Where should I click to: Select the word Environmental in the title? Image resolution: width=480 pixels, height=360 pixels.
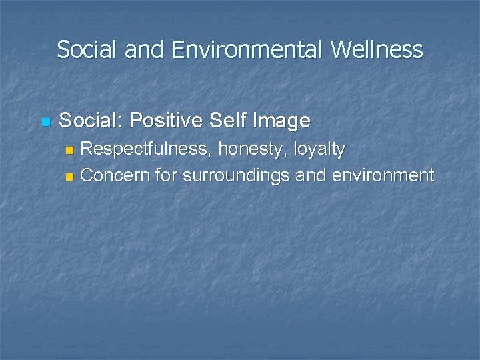244,50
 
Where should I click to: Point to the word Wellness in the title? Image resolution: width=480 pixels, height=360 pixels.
377,50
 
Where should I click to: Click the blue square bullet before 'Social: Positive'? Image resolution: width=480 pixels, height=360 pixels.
45,122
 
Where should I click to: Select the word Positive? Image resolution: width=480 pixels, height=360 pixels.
166,121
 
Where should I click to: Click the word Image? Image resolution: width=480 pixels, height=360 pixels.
283,121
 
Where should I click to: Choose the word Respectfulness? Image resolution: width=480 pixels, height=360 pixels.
146,149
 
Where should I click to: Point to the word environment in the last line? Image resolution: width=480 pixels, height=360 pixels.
382,176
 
